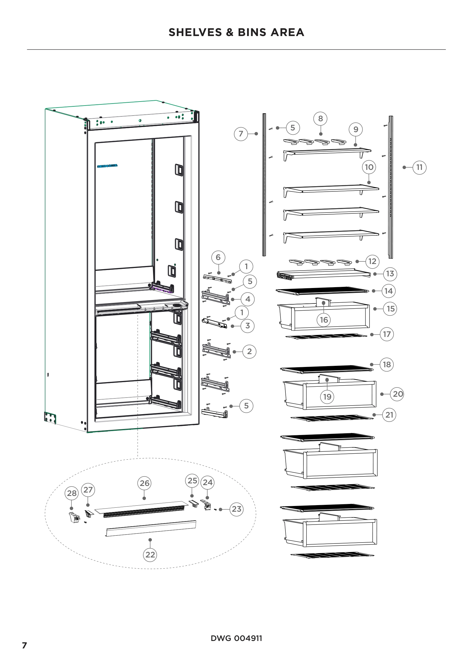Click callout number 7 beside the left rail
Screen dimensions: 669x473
(x=241, y=134)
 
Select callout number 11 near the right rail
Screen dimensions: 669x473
(x=419, y=167)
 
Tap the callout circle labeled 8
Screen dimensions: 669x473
(x=320, y=119)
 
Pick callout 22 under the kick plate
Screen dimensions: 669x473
(x=150, y=555)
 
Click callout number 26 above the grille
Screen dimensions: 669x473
(x=144, y=483)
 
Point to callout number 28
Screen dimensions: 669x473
(x=72, y=493)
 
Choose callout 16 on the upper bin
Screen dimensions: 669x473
(x=324, y=320)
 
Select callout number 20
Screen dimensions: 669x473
(x=398, y=394)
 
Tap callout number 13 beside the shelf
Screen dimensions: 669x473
(x=390, y=274)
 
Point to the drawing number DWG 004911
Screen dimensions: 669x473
(x=236, y=638)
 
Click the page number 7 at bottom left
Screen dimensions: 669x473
(x=25, y=645)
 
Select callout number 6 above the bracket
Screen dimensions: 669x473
(x=218, y=257)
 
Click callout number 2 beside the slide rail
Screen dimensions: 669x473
(x=249, y=352)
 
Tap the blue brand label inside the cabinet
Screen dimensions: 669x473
(x=107, y=166)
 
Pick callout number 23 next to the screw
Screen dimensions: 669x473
(x=236, y=509)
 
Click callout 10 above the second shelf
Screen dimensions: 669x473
(x=369, y=167)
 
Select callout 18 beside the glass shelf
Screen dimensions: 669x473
(x=387, y=364)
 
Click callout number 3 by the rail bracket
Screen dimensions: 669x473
(x=247, y=326)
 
